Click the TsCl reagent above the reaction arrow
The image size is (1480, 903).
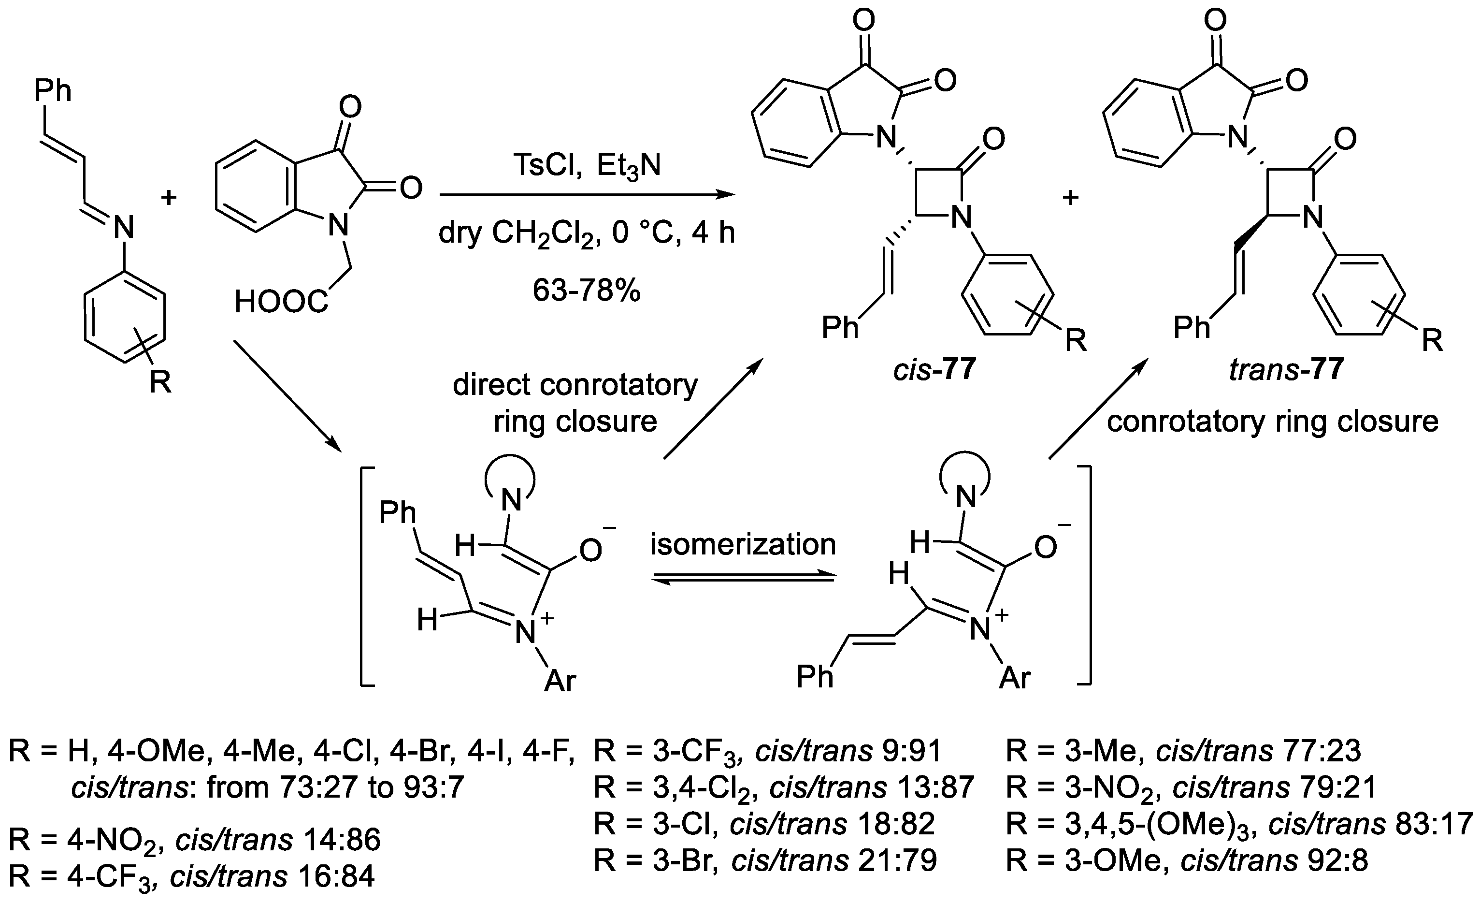tap(546, 165)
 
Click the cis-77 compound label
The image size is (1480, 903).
tap(934, 368)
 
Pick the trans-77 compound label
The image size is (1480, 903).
tap(1286, 368)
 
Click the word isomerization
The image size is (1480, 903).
tap(743, 544)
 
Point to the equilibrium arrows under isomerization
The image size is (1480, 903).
tap(744, 577)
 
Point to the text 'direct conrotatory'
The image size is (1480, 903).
tap(575, 385)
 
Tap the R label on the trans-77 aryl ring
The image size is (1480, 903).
tap(1433, 341)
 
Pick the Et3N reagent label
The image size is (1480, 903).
tap(629, 165)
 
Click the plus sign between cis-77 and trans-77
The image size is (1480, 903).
tap(1070, 198)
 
